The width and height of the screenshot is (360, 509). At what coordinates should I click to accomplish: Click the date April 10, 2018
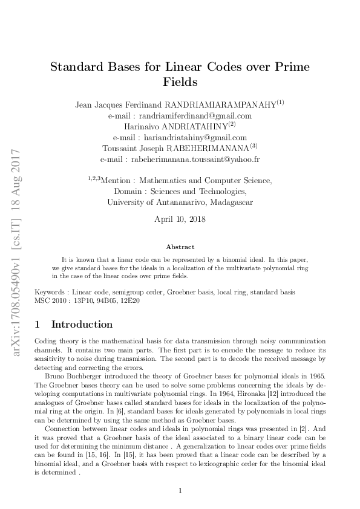180,219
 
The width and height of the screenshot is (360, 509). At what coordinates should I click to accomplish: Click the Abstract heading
180,247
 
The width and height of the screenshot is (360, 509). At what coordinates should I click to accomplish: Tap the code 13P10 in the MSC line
85,300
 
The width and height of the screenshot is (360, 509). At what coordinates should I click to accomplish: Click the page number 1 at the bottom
180,490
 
